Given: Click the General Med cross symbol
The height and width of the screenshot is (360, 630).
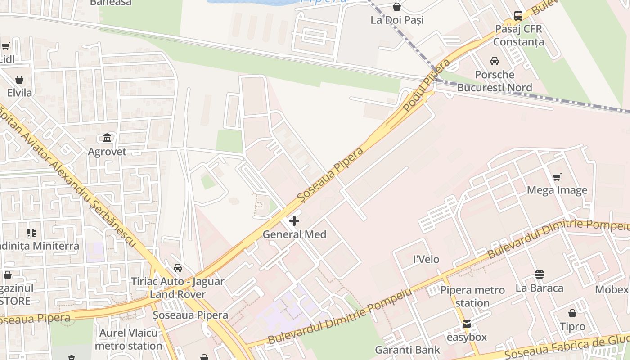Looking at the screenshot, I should tap(294, 221).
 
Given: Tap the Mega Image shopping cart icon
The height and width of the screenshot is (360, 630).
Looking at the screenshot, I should tap(557, 177).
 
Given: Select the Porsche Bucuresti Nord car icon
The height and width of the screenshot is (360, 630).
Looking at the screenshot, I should tap(494, 61).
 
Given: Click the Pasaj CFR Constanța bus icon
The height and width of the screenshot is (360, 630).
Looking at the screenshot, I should tap(518, 16).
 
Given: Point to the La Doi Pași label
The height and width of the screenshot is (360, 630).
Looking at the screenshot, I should tap(397, 20).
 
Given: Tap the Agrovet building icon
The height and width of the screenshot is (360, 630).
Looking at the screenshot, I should tap(107, 138).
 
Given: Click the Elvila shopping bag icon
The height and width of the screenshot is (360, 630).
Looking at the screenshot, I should tap(19, 80).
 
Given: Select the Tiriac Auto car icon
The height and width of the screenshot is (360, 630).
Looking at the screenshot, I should tap(178, 268).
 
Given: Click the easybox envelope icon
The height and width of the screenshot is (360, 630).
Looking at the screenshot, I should tap(467, 324).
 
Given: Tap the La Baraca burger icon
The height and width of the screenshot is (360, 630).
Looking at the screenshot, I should tap(540, 274).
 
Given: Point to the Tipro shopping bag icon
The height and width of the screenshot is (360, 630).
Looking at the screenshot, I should tap(572, 313).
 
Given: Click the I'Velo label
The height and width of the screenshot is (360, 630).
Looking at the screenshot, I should tap(426, 260).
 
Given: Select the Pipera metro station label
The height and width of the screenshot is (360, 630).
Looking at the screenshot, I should tap(472, 297).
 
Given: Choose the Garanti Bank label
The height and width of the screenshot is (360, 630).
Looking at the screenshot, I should tap(408, 350).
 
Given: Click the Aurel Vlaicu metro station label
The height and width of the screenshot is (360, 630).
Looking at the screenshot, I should tap(128, 339).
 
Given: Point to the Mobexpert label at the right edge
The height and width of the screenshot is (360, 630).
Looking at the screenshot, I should tap(612, 289).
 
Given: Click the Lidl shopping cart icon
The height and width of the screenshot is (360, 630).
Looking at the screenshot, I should tap(6, 46).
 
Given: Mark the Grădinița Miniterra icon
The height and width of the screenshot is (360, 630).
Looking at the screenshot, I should tap(31, 233).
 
